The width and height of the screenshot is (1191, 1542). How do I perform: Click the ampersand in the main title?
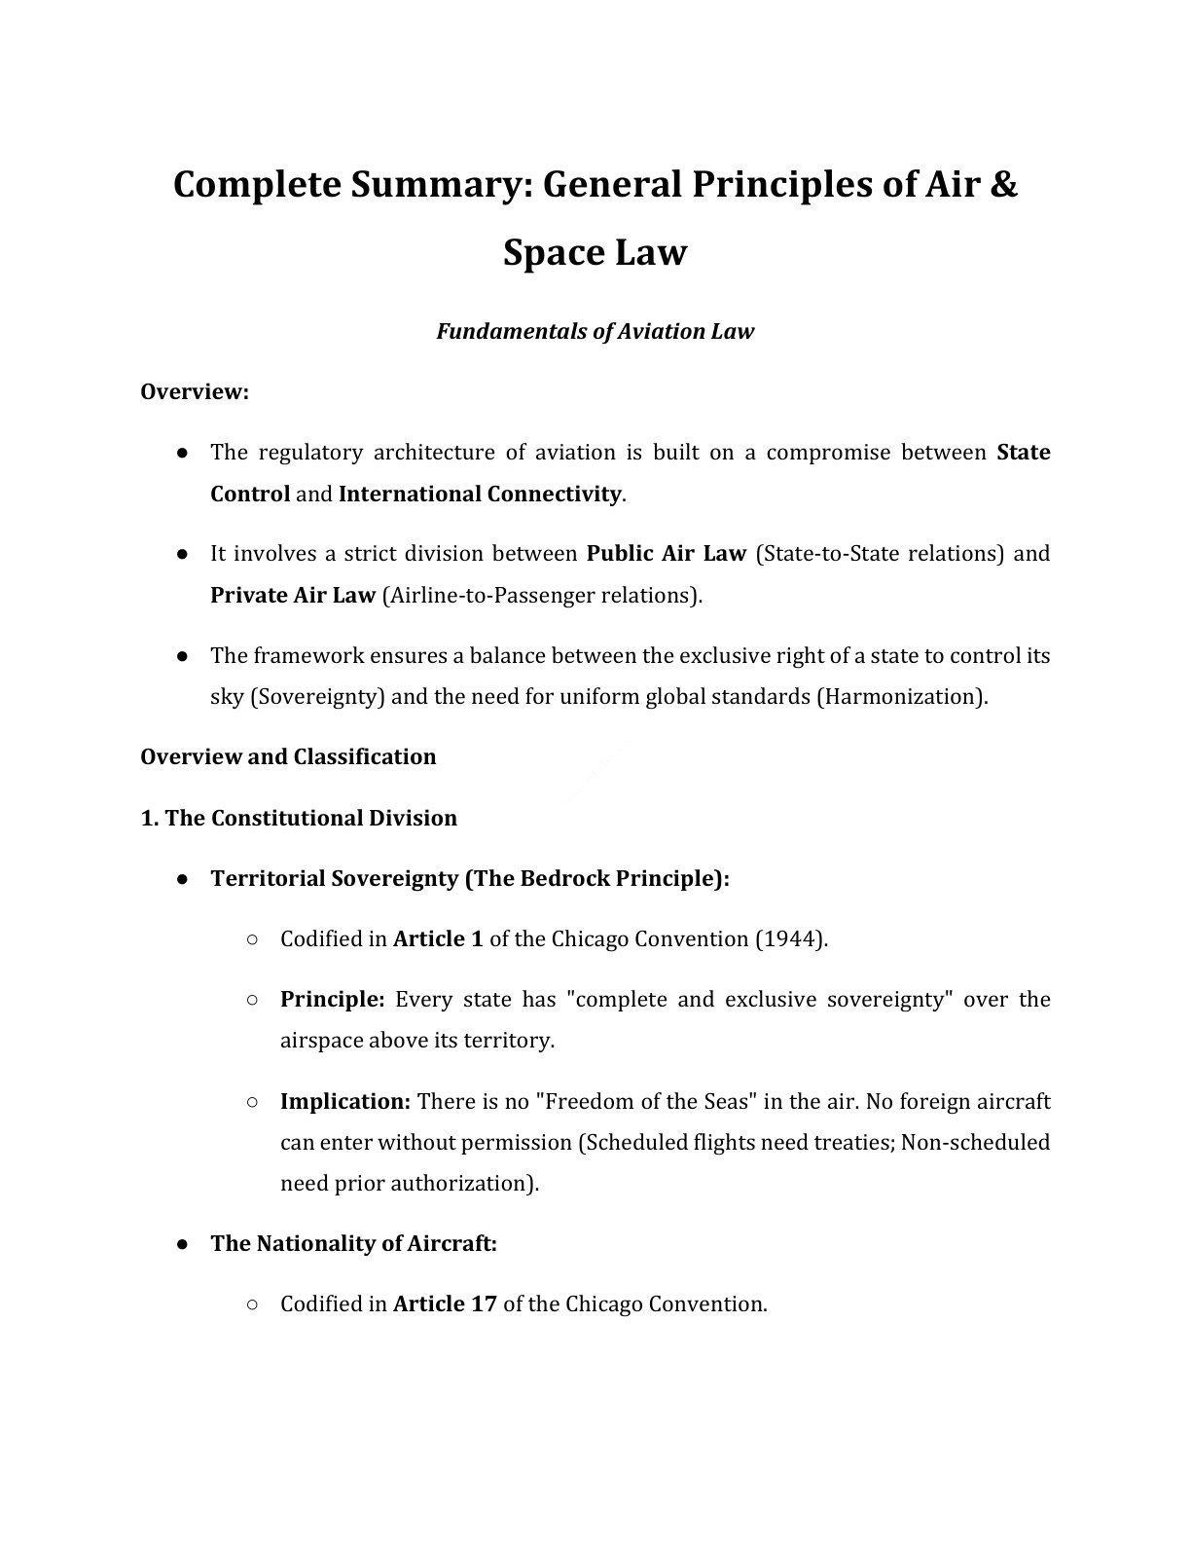[1002, 184]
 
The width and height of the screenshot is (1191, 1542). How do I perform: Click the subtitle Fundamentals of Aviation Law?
[595, 331]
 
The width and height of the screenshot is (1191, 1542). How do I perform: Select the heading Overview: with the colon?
[195, 391]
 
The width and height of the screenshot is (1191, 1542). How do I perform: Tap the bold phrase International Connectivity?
[480, 494]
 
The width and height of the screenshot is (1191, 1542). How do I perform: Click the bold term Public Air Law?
[666, 554]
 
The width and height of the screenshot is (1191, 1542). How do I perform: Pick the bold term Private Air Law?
[293, 595]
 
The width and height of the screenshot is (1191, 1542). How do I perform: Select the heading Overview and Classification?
[288, 756]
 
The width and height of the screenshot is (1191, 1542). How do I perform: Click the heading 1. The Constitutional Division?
[299, 818]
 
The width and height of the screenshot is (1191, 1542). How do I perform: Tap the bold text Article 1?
[438, 939]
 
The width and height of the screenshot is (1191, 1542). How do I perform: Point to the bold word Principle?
[333, 1000]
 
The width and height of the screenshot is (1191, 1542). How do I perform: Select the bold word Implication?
[345, 1102]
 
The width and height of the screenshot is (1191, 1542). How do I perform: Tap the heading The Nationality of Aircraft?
[353, 1243]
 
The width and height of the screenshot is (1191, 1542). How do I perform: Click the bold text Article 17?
[445, 1304]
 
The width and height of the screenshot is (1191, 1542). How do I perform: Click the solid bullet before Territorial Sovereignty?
[183, 879]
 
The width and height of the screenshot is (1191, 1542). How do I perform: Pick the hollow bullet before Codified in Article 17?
[252, 1304]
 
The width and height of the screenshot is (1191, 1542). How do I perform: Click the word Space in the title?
[554, 252]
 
